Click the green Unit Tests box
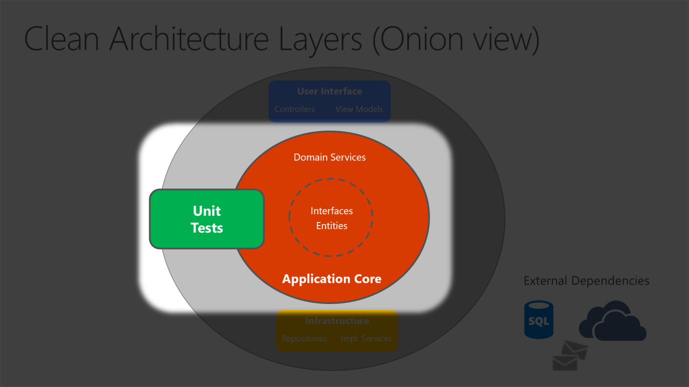click(x=207, y=219)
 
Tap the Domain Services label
click(x=329, y=157)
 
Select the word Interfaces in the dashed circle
click(x=331, y=211)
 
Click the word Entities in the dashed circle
click(x=331, y=226)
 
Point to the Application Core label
click(x=331, y=279)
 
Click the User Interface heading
click(x=329, y=91)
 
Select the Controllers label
click(x=294, y=109)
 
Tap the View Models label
click(x=359, y=109)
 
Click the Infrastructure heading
click(x=337, y=321)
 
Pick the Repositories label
click(x=304, y=338)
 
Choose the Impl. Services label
click(x=366, y=338)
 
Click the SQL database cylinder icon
click(x=538, y=320)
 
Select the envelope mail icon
click(x=569, y=355)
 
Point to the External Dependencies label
click(x=586, y=281)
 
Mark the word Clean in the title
click(x=61, y=39)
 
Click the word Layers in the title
click(x=320, y=39)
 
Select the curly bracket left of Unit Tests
click(x=146, y=218)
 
